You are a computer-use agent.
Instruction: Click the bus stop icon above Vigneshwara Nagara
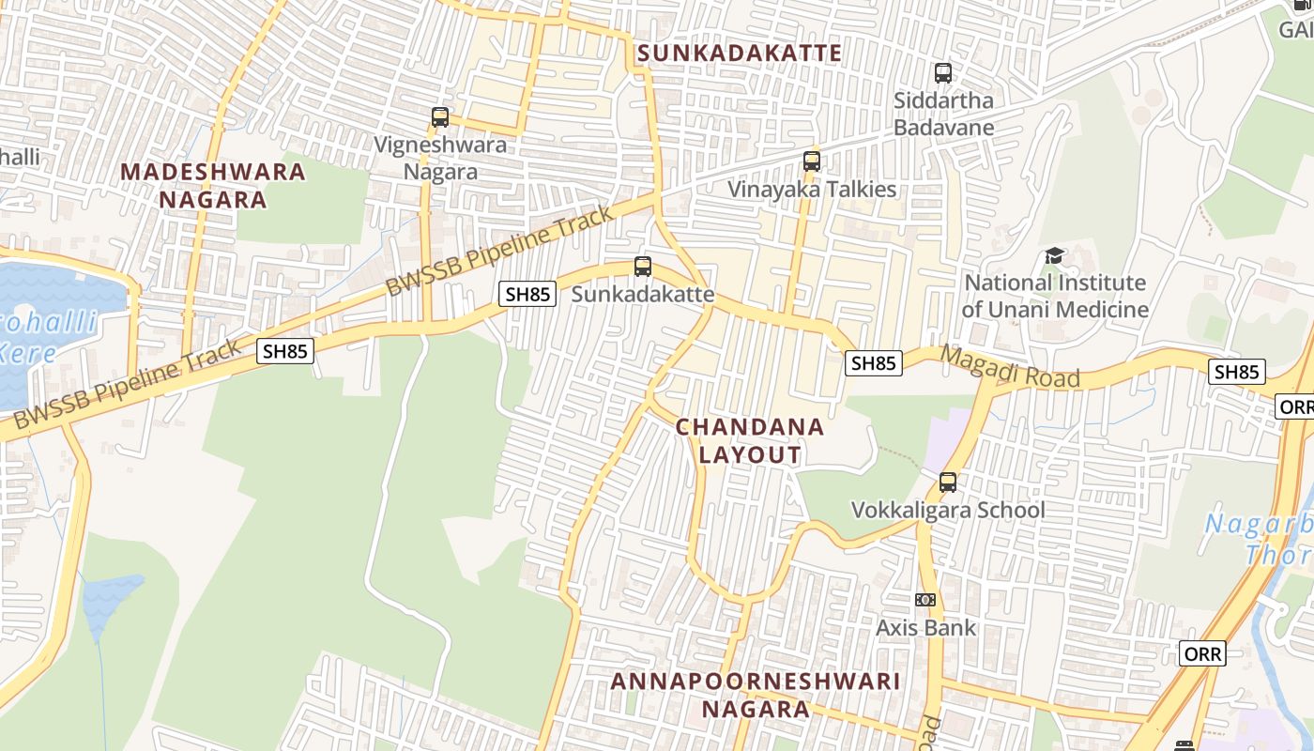point(440,117)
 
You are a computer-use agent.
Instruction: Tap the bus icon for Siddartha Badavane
point(943,72)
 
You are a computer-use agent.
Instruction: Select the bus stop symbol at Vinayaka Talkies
point(812,161)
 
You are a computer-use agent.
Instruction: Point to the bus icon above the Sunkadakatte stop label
point(643,267)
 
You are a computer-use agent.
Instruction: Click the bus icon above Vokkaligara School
point(948,483)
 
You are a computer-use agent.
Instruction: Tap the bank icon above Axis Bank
point(925,600)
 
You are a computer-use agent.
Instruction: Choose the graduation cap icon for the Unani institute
point(1055,255)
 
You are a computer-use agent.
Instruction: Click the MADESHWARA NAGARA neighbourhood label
point(213,186)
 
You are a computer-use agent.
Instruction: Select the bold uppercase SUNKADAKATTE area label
point(740,53)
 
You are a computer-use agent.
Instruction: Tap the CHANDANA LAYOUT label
point(750,440)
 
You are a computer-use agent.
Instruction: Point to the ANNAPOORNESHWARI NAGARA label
point(756,695)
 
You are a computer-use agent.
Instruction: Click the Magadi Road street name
point(1010,367)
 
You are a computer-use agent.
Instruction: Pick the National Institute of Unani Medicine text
point(1055,296)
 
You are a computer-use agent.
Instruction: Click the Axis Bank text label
point(926,627)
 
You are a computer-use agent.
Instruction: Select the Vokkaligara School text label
point(947,510)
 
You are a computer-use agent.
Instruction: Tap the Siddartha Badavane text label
point(943,113)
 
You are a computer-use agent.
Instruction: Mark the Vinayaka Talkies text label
point(813,189)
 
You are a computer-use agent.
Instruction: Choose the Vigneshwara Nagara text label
point(440,158)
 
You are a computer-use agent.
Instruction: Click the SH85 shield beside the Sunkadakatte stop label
point(527,294)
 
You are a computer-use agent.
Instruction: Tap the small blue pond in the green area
point(110,601)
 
